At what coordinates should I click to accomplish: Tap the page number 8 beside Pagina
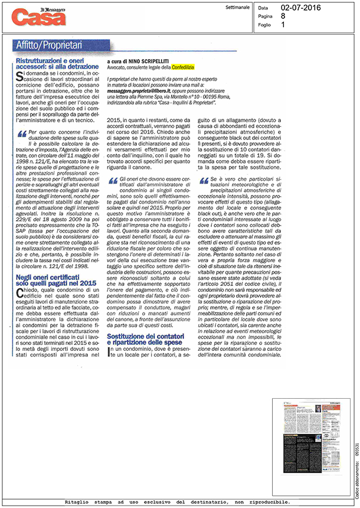[283, 17]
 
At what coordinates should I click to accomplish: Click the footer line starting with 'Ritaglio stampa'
[182, 500]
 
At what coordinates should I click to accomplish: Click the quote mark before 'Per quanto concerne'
[22, 133]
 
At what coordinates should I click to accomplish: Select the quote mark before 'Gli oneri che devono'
[113, 179]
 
